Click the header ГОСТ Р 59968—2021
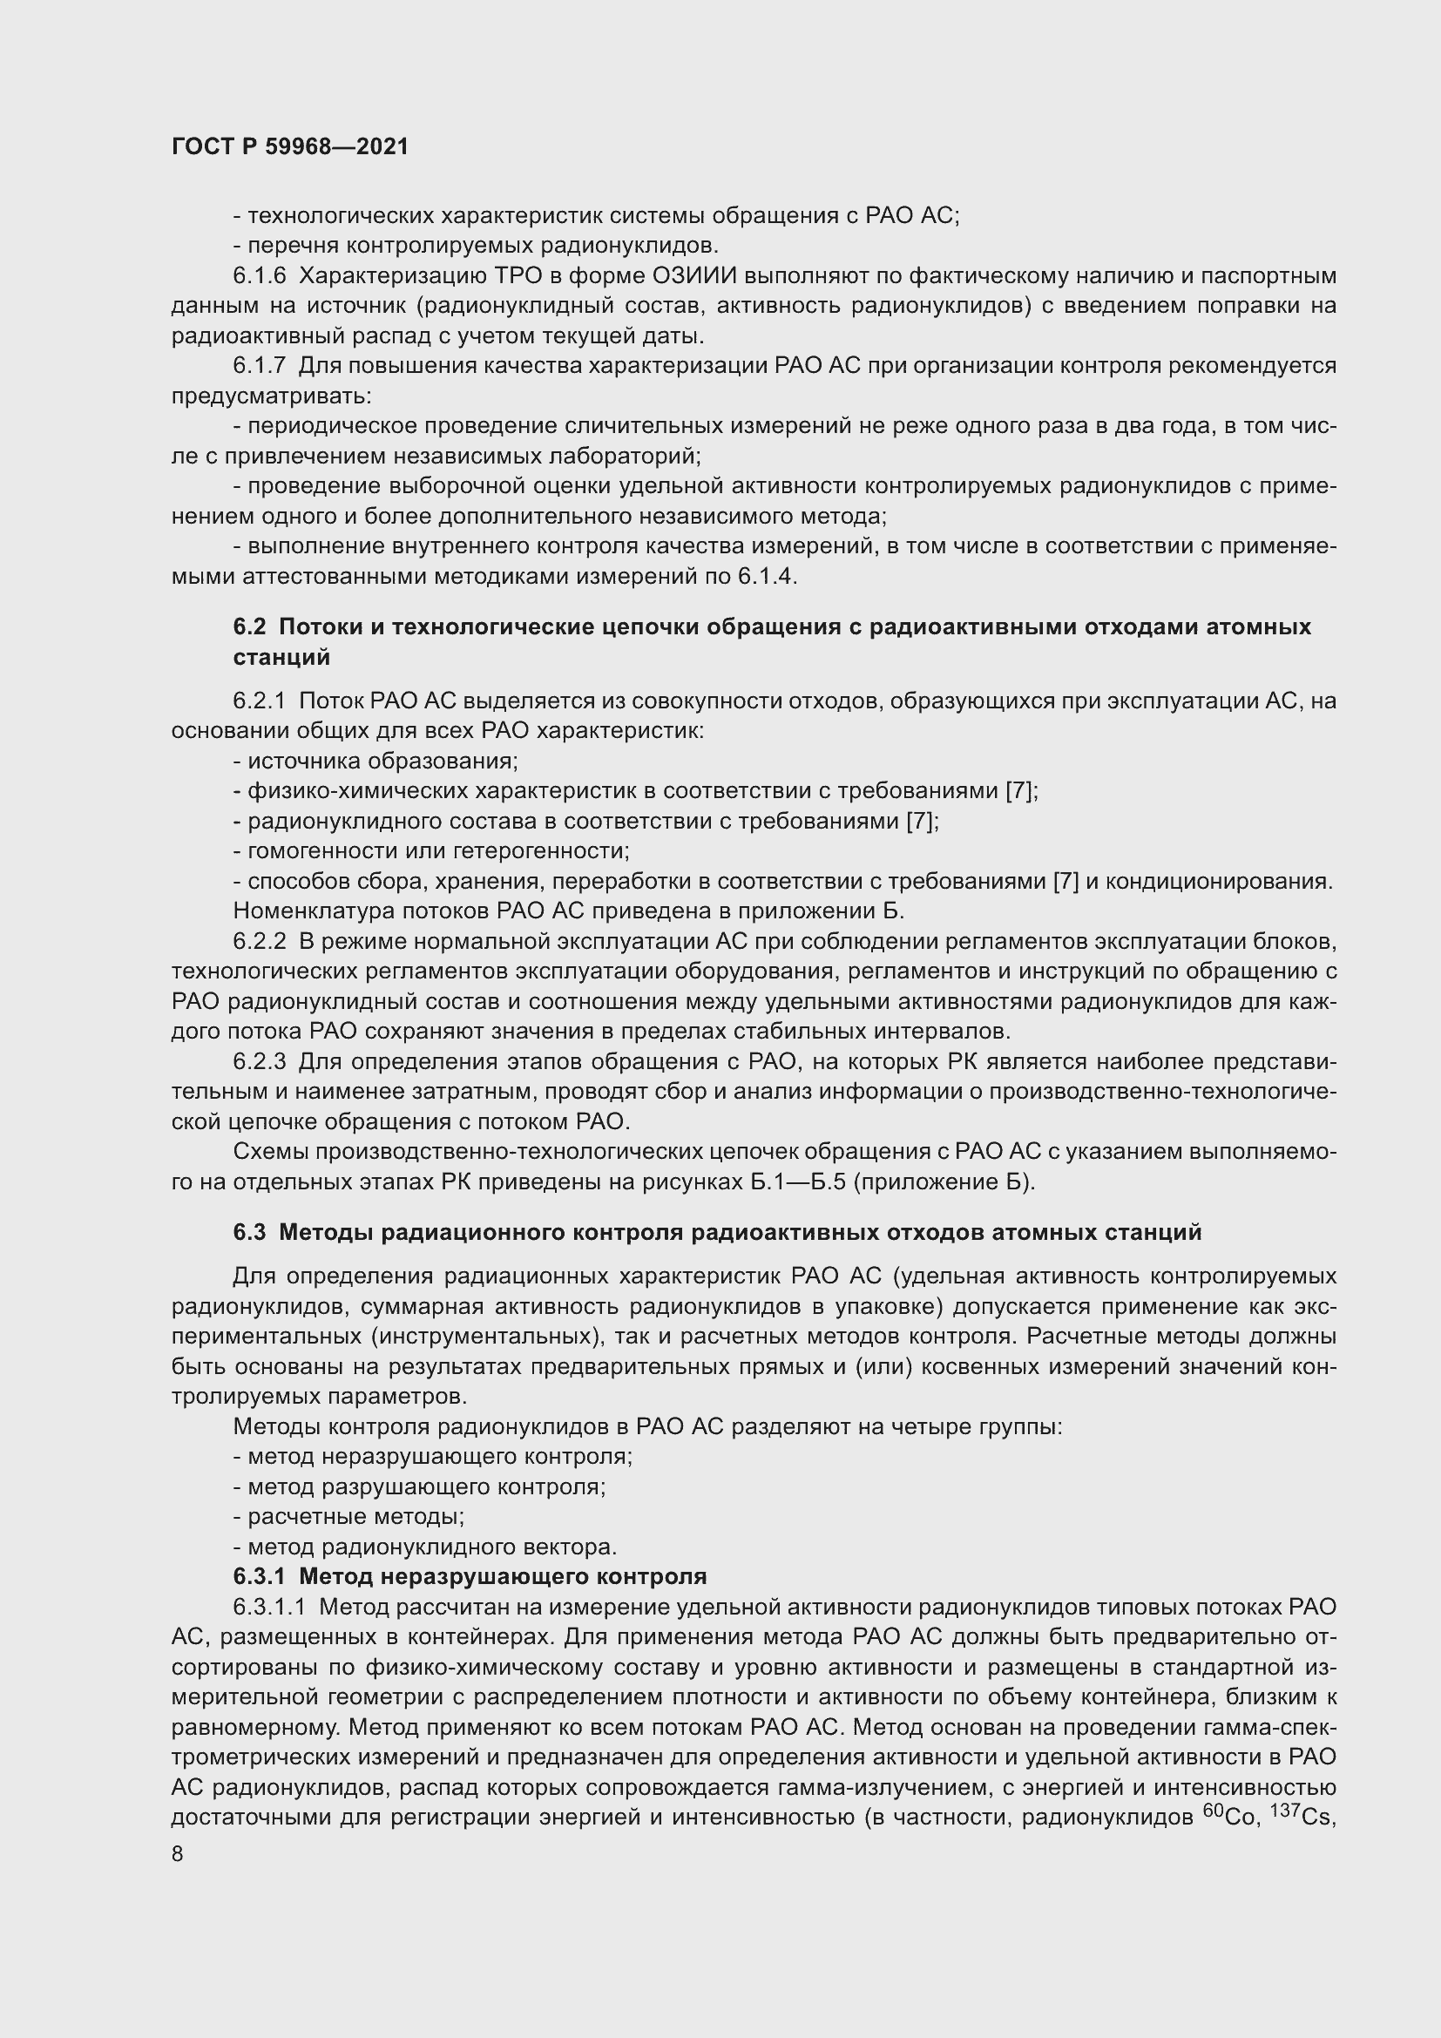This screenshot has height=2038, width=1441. [x=290, y=146]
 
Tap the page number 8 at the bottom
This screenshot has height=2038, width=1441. [x=178, y=1854]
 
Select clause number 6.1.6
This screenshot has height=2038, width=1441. [x=259, y=276]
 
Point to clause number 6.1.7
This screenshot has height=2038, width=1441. [x=259, y=366]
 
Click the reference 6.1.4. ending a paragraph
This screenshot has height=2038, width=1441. [x=768, y=577]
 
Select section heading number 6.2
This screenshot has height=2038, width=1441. [x=249, y=626]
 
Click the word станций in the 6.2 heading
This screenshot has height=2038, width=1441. [x=281, y=657]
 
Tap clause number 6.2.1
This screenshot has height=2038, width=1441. [x=259, y=701]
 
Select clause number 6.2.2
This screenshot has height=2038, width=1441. [x=259, y=941]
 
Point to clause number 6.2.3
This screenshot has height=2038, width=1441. [x=259, y=1061]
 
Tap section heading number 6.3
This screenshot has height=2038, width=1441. [x=249, y=1232]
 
